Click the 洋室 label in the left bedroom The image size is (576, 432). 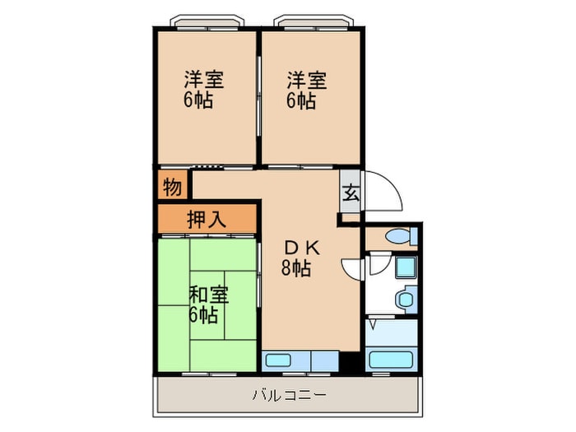pyautogui.click(x=204, y=81)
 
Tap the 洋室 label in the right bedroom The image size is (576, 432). pyautogui.click(x=307, y=81)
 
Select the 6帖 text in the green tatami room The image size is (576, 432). pyautogui.click(x=203, y=314)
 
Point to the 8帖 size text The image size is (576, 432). pyautogui.click(x=296, y=268)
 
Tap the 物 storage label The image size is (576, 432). pyautogui.click(x=172, y=187)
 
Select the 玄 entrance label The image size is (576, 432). pyautogui.click(x=351, y=193)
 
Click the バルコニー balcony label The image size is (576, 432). pyautogui.click(x=289, y=396)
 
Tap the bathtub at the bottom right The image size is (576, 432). pyautogui.click(x=393, y=360)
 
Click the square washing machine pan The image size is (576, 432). pyautogui.click(x=406, y=267)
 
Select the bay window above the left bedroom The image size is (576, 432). pyautogui.click(x=206, y=21)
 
